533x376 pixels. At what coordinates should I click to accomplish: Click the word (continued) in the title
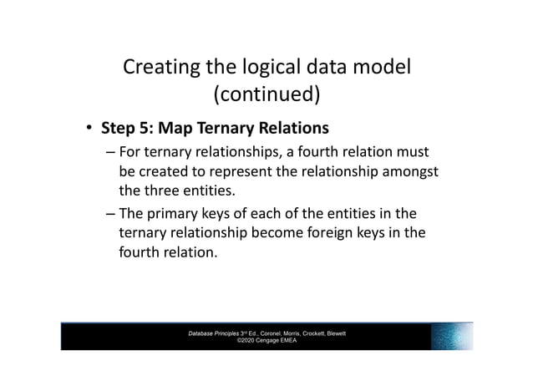[x=266, y=95]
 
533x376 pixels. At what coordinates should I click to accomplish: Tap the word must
[x=413, y=152]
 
